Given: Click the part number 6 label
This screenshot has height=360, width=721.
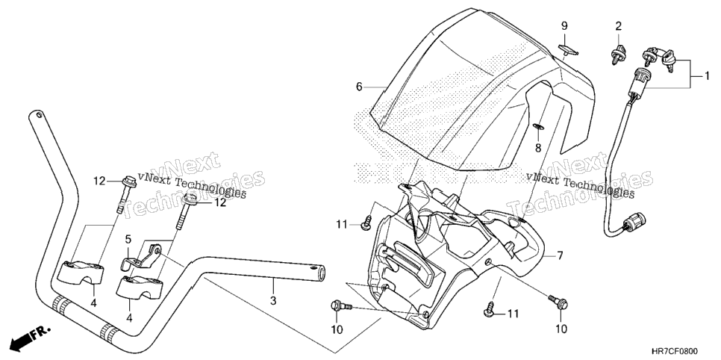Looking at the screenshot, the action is [x=360, y=87].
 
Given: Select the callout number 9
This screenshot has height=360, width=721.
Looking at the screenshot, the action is [x=564, y=26].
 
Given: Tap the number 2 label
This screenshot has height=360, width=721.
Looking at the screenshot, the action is [x=619, y=26].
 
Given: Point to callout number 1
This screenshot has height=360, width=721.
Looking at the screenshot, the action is [x=708, y=76].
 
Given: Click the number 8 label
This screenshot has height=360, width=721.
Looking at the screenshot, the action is [x=538, y=148].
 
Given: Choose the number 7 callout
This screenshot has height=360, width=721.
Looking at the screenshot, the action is [x=560, y=255].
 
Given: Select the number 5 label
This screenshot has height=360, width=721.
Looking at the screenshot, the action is [x=128, y=239].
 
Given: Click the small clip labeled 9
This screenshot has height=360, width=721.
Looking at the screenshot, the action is [x=568, y=50].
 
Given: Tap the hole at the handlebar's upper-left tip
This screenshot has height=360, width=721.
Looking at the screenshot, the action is [x=39, y=114].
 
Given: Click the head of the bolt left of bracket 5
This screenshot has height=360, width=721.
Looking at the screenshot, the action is [x=129, y=179].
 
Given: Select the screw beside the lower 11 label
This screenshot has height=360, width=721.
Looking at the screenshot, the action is [x=490, y=311].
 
